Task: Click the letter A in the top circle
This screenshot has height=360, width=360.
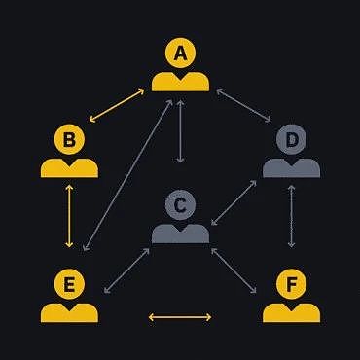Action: click(x=180, y=54)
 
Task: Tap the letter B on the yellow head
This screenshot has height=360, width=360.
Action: click(x=69, y=140)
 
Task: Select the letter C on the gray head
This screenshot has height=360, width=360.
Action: click(x=180, y=205)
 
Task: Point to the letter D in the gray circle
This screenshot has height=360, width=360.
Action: click(x=292, y=140)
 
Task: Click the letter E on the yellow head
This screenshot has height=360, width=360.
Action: click(x=69, y=284)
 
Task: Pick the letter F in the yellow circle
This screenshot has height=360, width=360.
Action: click(x=292, y=284)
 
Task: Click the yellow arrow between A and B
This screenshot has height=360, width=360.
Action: click(x=117, y=105)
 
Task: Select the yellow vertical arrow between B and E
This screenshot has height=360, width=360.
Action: click(x=69, y=216)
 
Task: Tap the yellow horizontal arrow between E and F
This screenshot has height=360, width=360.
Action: click(x=180, y=317)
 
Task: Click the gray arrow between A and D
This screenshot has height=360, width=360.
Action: click(x=244, y=105)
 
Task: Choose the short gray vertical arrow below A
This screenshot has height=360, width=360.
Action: click(x=180, y=131)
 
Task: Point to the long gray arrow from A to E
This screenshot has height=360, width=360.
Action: click(x=127, y=175)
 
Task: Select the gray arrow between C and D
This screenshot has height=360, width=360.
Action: click(x=234, y=202)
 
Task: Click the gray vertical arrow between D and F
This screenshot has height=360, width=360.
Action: click(x=292, y=216)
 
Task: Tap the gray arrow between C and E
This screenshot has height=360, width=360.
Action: click(x=126, y=270)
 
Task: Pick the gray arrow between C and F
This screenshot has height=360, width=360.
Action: click(x=234, y=270)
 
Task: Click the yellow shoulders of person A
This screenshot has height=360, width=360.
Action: click(x=180, y=82)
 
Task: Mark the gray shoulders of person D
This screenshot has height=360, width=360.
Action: click(x=292, y=168)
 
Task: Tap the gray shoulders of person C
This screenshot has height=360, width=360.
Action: click(x=180, y=234)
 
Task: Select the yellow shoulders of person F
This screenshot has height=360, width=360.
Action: click(x=292, y=313)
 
